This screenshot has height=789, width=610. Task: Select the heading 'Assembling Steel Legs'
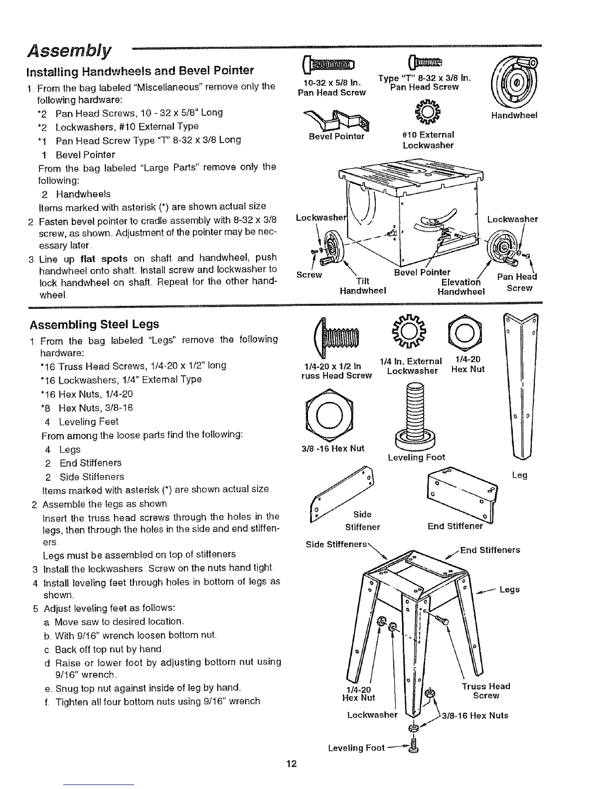coord(94,324)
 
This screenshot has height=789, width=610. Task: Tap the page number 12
coord(292,764)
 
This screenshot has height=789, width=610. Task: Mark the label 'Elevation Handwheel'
coord(460,286)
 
